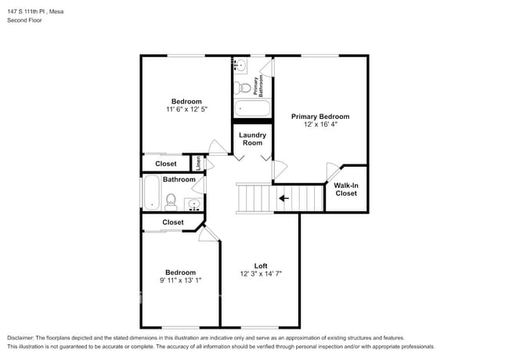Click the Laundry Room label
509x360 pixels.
[252, 139]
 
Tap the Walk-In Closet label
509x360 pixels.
[345, 189]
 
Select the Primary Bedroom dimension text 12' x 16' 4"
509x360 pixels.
[320, 125]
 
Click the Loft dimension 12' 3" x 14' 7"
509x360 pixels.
[260, 274]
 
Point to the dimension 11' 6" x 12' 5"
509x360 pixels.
[186, 110]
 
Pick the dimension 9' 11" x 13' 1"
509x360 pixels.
[179, 282]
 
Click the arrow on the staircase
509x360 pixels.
[283, 198]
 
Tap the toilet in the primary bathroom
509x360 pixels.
[245, 86]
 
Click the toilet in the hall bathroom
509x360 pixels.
[171, 202]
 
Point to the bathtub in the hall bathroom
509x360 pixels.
[151, 193]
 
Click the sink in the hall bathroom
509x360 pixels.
[193, 205]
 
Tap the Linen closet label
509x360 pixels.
[199, 163]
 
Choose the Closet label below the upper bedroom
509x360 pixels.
[165, 164]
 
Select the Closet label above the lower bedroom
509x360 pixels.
[173, 222]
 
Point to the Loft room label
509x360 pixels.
[260, 265]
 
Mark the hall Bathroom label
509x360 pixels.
[179, 179]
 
